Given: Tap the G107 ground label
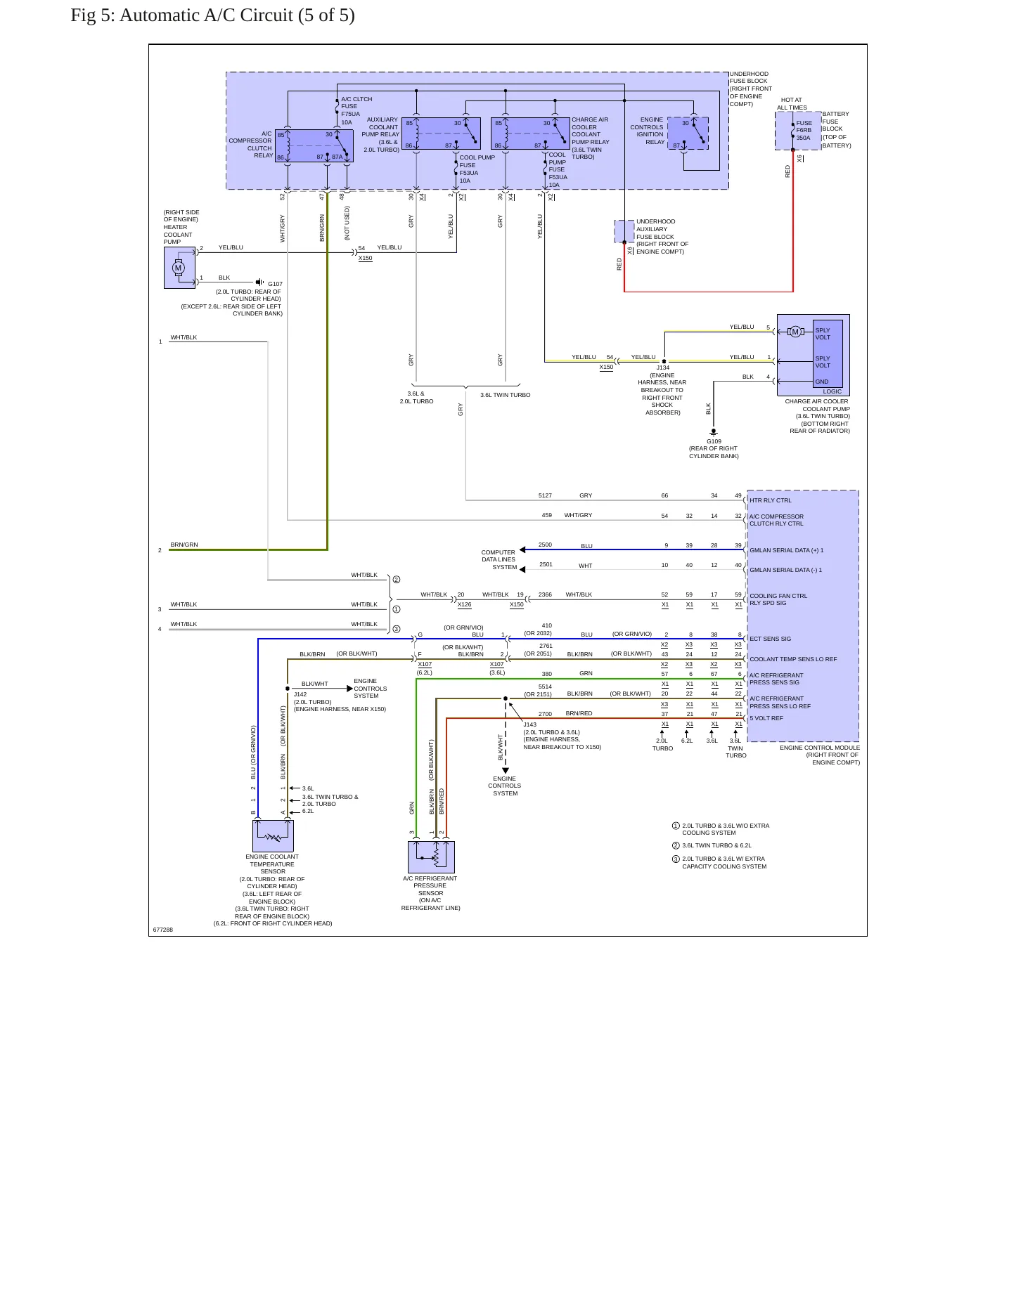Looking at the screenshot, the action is [275, 284].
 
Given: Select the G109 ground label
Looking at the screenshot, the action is [714, 441].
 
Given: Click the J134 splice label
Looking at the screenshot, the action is [663, 367].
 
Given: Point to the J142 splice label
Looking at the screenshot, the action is [300, 694].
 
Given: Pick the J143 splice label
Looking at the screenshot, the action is [530, 724].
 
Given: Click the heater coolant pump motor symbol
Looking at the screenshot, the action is [178, 268].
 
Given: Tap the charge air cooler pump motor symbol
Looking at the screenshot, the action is [795, 332].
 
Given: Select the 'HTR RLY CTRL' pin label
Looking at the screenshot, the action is [770, 500].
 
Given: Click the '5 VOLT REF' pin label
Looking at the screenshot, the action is [766, 718].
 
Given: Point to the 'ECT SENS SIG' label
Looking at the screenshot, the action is [770, 639].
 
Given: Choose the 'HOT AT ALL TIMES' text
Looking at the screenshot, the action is [792, 104].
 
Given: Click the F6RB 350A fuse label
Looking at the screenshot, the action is [804, 130].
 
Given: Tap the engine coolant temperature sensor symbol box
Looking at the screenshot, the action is [273, 836].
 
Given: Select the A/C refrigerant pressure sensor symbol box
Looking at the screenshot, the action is [431, 857].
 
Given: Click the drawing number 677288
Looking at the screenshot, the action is [163, 930].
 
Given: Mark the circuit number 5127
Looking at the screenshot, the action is [545, 495].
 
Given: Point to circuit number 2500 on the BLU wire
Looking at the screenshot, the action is [545, 545].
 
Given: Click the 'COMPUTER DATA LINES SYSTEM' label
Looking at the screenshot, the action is [499, 560].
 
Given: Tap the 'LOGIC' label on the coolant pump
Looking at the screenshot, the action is [832, 391].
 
